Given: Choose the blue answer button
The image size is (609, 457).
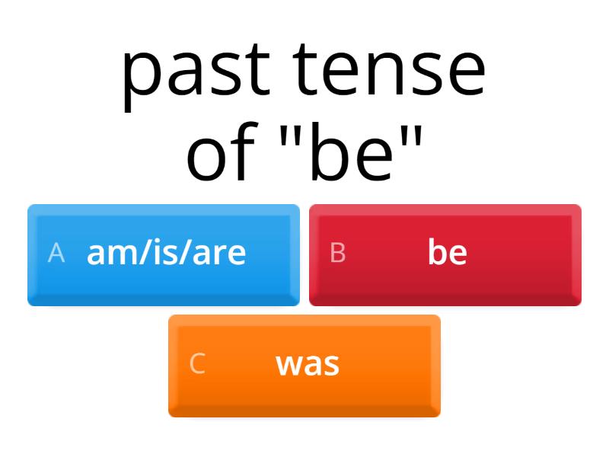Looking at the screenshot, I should point(164,254).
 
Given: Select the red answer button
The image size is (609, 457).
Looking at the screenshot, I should point(445,254).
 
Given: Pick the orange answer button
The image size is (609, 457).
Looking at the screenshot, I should point(304,366).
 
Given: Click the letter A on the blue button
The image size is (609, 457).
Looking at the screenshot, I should point(56,253).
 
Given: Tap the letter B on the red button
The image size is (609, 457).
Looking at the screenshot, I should point(338,253).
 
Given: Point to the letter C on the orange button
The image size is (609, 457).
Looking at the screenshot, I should point(197,364).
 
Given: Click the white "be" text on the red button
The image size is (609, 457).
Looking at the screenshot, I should point(447,252).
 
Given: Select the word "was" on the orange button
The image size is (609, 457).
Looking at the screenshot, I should point(308,364).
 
